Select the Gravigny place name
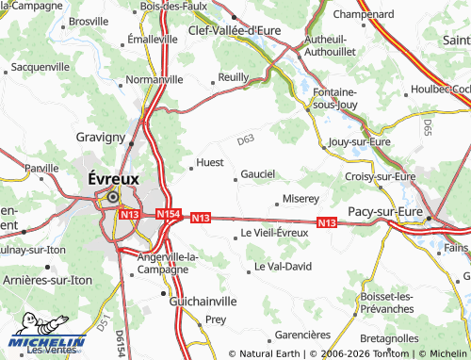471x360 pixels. [x=101, y=137]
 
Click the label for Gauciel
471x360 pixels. [x=257, y=173]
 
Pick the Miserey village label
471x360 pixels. [x=301, y=200]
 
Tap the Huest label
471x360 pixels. [x=210, y=163]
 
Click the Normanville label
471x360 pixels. [x=154, y=80]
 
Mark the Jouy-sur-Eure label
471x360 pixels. [x=358, y=141]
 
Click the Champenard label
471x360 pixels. [x=363, y=15]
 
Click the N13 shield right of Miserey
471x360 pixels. [x=327, y=222]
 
